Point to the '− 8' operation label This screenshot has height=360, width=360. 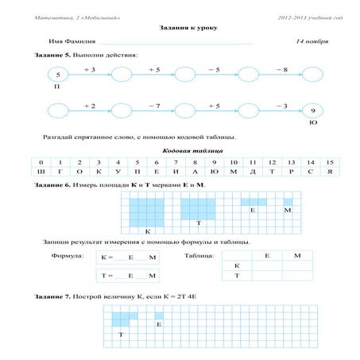[x=281, y=70]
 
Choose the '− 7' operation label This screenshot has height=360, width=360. [x=153, y=106]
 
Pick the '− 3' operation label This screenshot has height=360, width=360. [x=281, y=106]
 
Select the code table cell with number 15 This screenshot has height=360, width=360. [x=329, y=162]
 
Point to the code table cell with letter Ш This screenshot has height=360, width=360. [x=41, y=172]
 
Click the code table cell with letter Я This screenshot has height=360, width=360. [x=329, y=172]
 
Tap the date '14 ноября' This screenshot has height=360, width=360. [x=311, y=40]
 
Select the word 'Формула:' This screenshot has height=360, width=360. [x=68, y=257]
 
